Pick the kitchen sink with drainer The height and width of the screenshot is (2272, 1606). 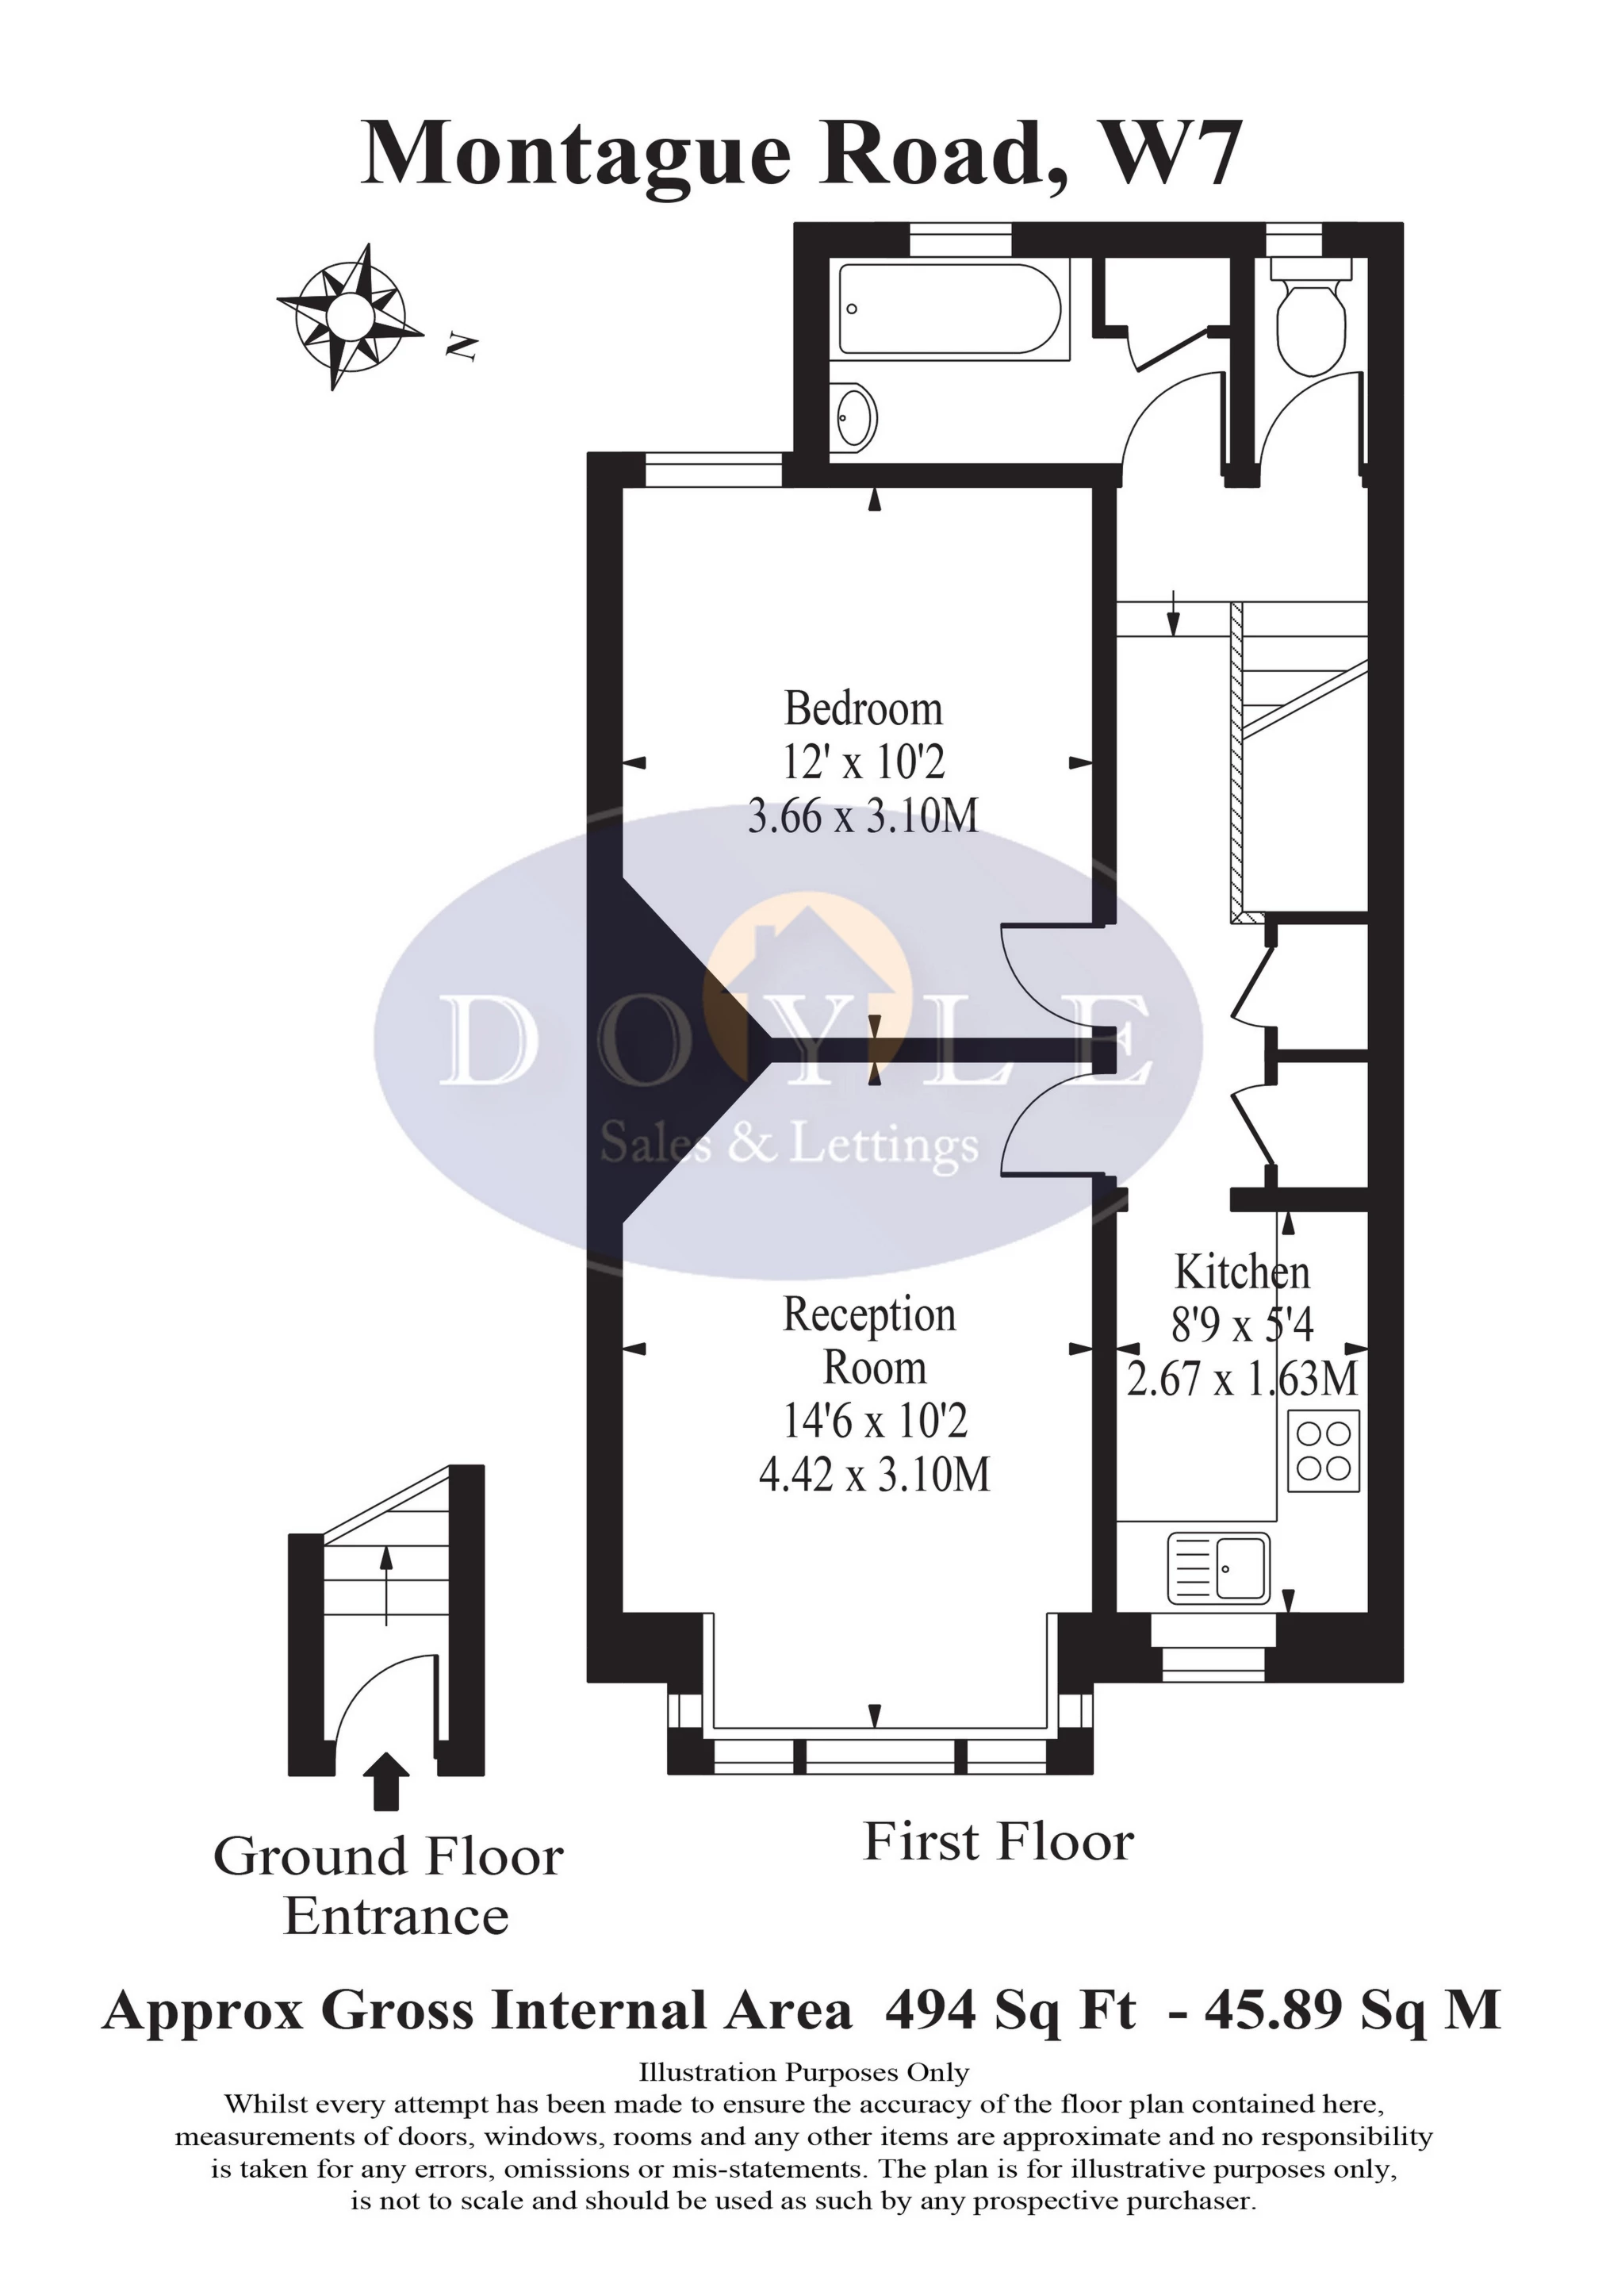[x=1218, y=1568]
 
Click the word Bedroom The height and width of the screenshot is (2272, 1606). [x=863, y=709]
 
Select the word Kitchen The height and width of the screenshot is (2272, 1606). [x=1241, y=1272]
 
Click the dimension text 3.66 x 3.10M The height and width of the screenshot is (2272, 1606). [x=863, y=817]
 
